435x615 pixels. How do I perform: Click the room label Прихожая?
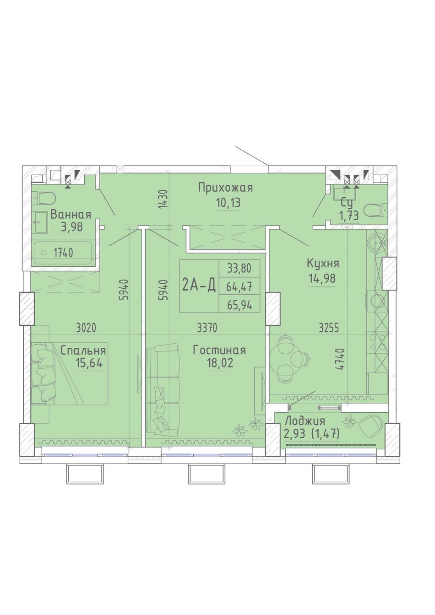tap(225, 189)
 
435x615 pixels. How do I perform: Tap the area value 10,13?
tap(228, 203)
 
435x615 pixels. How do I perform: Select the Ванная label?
tap(71, 215)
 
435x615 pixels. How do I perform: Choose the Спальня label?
tap(83, 351)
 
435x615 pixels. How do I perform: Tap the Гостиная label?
tap(219, 351)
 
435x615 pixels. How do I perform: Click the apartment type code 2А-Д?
tap(199, 285)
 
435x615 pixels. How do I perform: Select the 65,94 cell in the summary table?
tap(239, 305)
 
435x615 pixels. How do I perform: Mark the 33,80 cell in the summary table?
tap(239, 268)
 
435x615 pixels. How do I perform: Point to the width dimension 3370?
tap(207, 328)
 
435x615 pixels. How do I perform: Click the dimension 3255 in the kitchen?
tap(329, 328)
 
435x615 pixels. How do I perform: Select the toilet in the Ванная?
tap(46, 197)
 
